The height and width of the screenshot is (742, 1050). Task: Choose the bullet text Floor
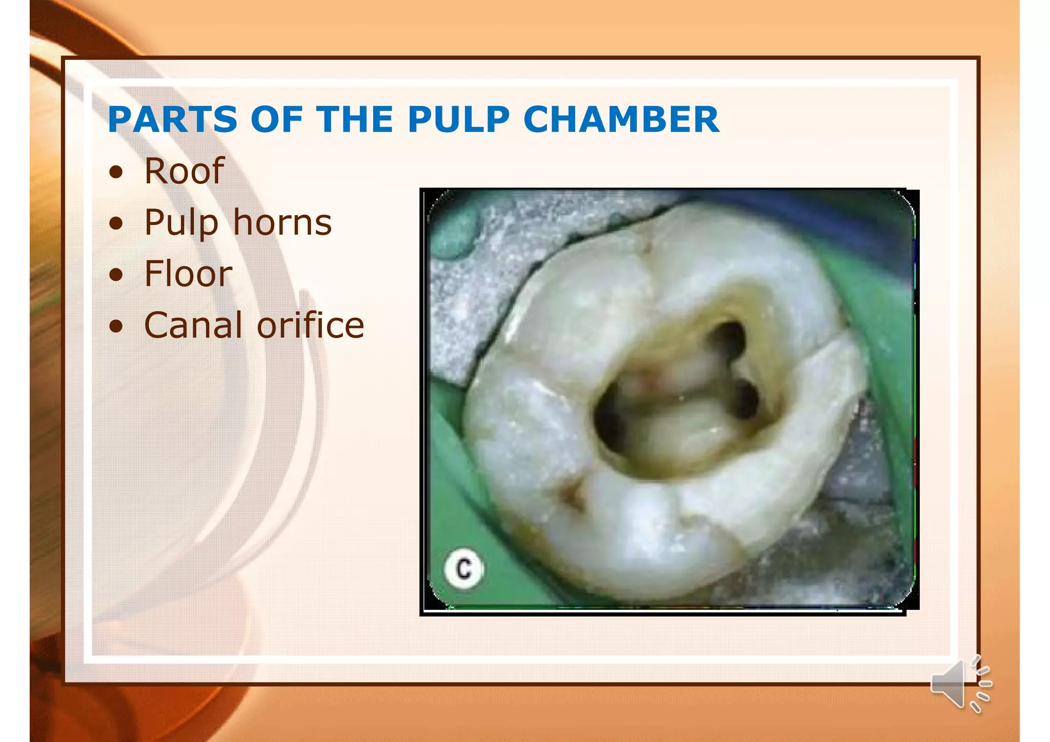pos(188,274)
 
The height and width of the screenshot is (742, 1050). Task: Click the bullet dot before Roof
pos(116,172)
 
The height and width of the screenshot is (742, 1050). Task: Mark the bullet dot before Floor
pos(116,275)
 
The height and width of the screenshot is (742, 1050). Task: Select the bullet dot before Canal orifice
pos(116,326)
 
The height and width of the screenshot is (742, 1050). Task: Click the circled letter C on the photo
pos(464,569)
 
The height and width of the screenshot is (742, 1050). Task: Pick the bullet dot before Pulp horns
pos(116,224)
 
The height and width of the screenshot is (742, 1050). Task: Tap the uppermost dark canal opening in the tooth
pos(728,336)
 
